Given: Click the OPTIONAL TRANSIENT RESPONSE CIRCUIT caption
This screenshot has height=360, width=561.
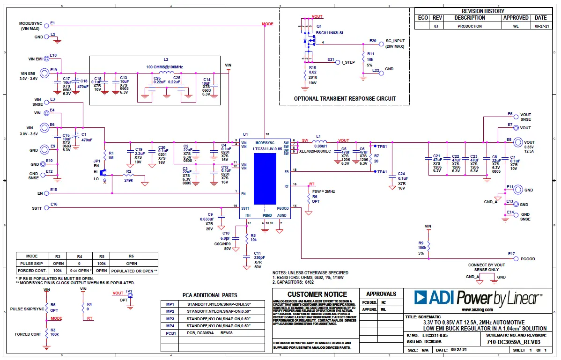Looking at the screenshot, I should tap(345, 99).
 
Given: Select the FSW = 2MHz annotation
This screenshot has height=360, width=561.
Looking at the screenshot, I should tap(324, 191).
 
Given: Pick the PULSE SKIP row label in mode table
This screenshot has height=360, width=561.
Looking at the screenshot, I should tap(32, 264).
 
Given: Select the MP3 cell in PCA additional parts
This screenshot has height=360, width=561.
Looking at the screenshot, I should tap(170, 318).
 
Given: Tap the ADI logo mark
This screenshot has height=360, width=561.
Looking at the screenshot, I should tap(425, 297).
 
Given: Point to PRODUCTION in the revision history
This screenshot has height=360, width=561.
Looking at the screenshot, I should tap(470, 26).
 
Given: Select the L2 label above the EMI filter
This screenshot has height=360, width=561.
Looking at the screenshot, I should tap(166, 60).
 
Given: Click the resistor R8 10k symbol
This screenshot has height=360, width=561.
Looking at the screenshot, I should tap(246, 238).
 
